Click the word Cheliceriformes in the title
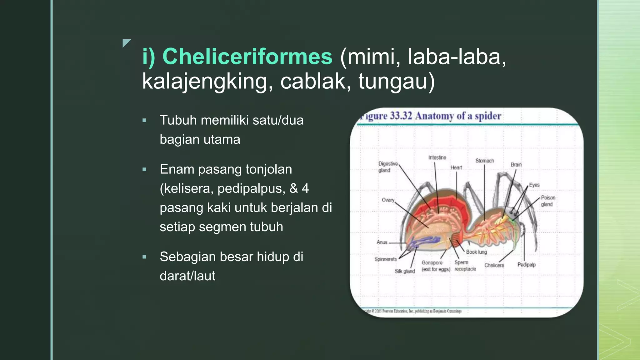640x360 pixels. tap(247, 57)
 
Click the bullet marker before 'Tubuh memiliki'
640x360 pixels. tap(144, 120)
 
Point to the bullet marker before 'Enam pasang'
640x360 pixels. tap(144, 170)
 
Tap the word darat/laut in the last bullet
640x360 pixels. tap(187, 276)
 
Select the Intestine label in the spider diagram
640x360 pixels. tap(437, 157)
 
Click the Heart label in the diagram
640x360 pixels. tap(456, 167)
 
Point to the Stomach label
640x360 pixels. tap(484, 161)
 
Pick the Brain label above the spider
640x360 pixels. tap(516, 165)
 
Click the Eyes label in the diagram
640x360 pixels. tap(534, 185)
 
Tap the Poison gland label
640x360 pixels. tap(548, 201)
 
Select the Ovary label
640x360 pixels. tap(388, 200)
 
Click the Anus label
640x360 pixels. tap(382, 242)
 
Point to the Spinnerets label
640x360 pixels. tap(385, 259)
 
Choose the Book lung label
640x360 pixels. tap(476, 252)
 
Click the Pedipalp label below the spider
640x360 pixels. tap(526, 265)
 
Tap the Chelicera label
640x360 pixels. tap(494, 265)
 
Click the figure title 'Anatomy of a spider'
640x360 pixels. tap(458, 116)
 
